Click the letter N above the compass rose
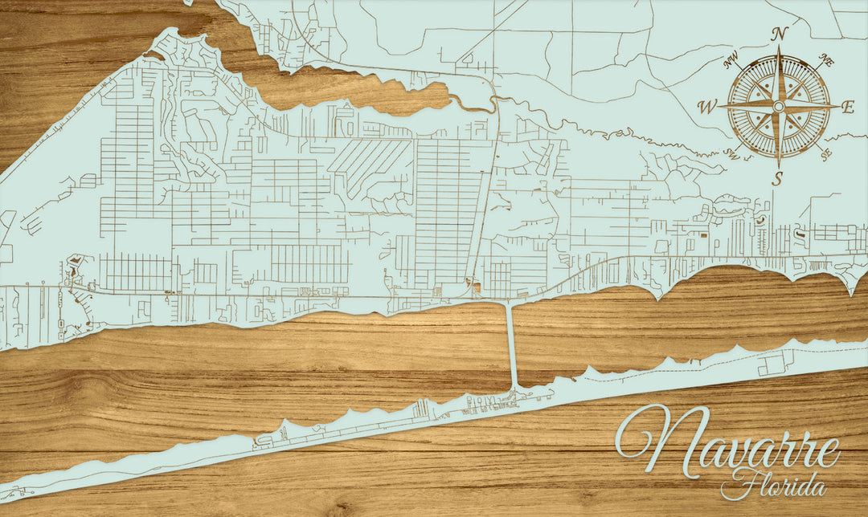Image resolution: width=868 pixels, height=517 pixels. coord(778,34)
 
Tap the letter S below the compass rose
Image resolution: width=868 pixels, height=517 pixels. coord(776,179)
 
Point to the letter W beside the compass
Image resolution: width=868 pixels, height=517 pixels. coord(707,107)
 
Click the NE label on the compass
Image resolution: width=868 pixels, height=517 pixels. coord(825,59)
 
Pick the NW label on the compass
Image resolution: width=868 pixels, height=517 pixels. coord(731,60)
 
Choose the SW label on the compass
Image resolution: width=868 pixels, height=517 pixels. coord(731,154)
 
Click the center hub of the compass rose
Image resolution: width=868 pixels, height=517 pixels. coord(777,106)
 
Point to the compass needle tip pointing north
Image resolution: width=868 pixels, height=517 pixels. coord(778,47)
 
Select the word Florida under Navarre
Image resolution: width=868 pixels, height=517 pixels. coord(773,484)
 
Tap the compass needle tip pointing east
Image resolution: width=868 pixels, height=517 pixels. coord(837,106)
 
